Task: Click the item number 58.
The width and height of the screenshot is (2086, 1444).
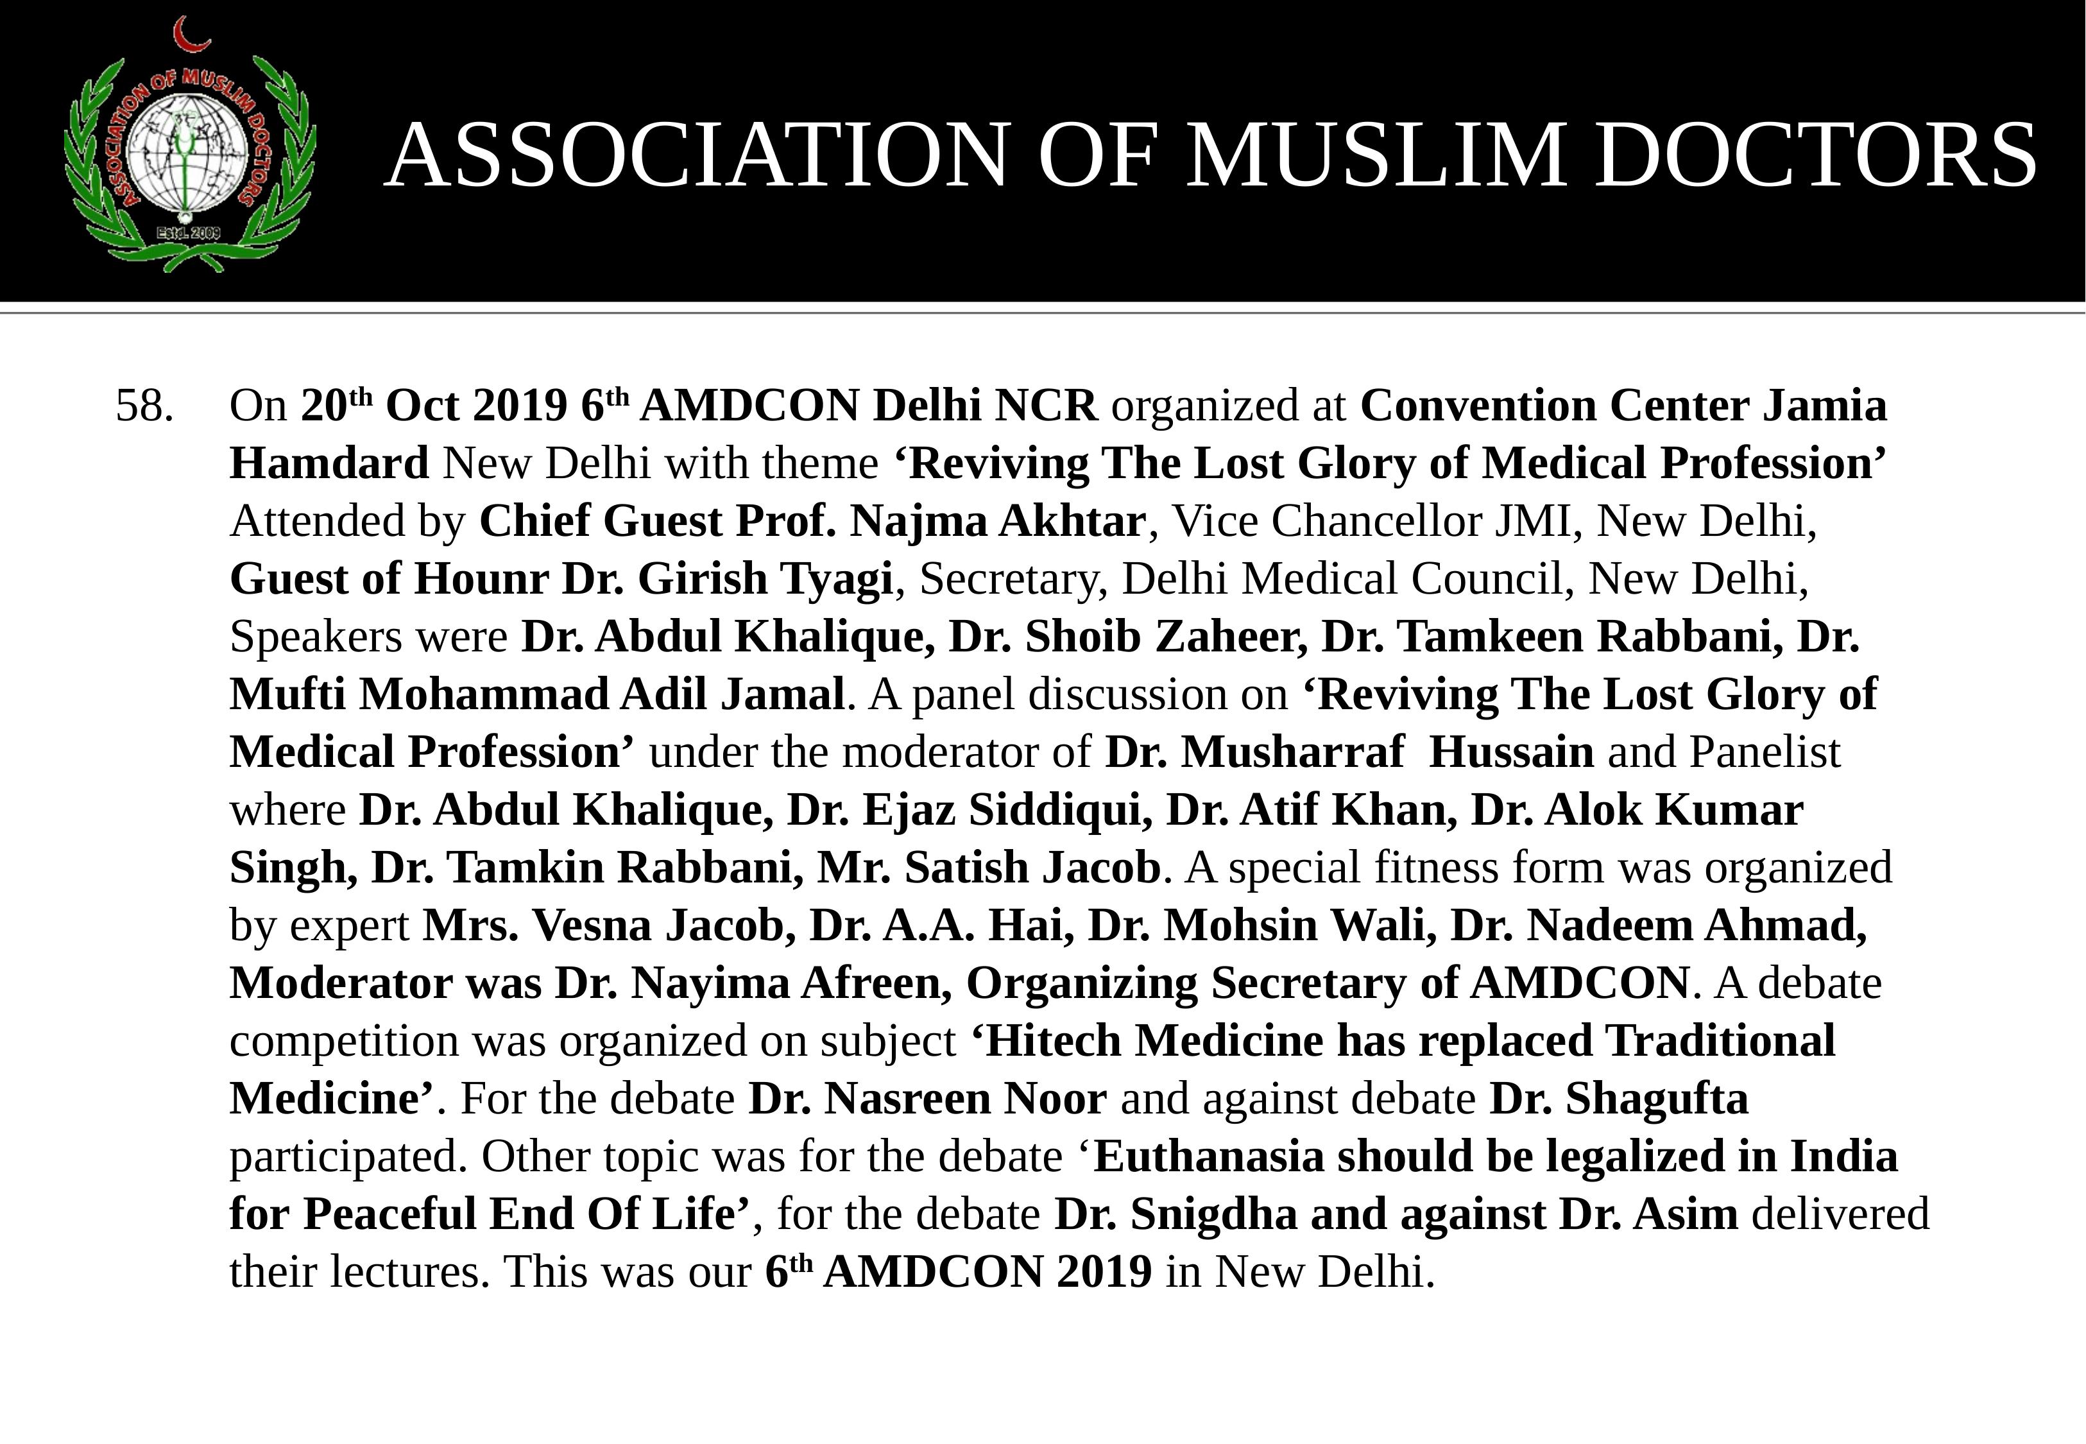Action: coord(145,406)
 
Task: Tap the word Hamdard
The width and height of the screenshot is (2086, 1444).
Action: coord(329,464)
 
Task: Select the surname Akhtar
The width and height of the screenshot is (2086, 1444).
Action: coord(1072,522)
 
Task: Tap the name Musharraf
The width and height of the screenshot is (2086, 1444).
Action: coord(1293,753)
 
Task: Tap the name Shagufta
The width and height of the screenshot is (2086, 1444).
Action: coord(1657,1099)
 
